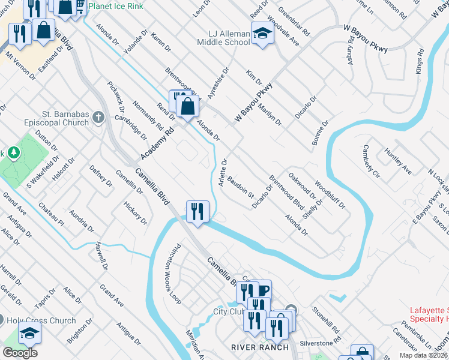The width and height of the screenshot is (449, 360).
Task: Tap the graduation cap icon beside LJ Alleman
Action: click(262, 33)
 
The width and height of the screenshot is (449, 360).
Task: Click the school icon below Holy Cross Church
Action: click(29, 334)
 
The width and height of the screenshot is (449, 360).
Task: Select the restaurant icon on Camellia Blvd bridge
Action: click(197, 212)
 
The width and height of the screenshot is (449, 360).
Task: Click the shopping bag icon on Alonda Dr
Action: click(188, 107)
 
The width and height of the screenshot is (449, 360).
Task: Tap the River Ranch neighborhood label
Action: click(260, 347)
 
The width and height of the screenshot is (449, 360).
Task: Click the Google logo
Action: click(20, 353)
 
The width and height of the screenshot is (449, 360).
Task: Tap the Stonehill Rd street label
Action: click(325, 320)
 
